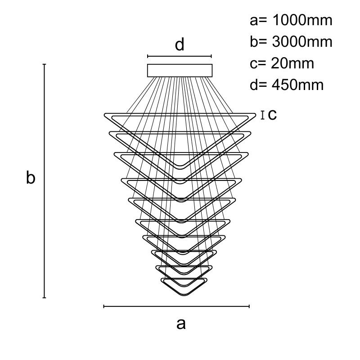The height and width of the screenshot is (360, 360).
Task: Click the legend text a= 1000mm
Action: (291, 20)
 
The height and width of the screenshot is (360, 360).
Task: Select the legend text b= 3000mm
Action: (291, 42)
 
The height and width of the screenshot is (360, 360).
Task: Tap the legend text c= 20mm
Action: (282, 63)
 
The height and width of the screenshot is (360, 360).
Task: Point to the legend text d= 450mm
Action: (287, 85)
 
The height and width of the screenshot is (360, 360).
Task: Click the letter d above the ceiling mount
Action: (180, 45)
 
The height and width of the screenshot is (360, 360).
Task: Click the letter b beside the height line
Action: (30, 178)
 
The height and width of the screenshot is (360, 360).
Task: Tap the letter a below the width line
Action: (180, 323)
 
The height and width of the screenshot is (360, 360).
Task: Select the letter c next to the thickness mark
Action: (272, 115)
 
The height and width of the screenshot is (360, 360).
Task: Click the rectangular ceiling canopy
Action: (180, 71)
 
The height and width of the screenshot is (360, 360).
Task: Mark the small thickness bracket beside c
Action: (262, 115)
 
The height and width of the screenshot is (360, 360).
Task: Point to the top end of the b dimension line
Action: (44, 64)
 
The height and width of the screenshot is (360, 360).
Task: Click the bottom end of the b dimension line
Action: (44, 297)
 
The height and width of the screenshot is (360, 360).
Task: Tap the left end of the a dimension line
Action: (104, 306)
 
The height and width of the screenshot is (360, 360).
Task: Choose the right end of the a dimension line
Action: (249, 306)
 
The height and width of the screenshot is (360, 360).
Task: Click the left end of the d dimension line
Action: (148, 56)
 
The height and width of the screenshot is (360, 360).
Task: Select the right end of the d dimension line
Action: (211, 56)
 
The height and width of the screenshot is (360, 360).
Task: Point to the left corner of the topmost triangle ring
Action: (105, 115)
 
